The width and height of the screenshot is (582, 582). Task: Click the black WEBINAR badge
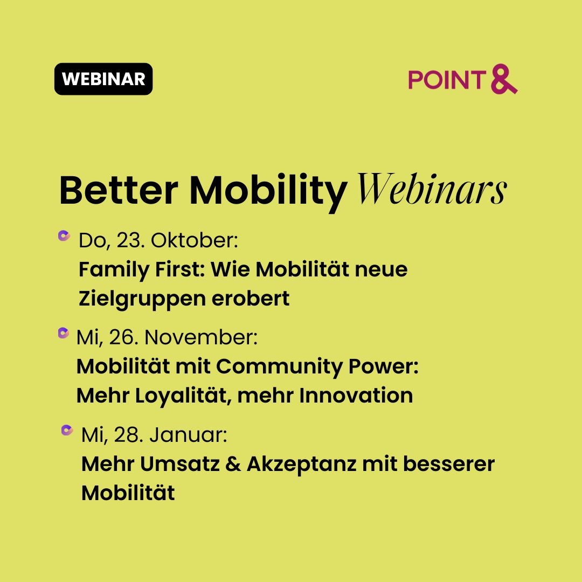[x=103, y=79]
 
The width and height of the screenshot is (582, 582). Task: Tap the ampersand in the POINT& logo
[x=504, y=79]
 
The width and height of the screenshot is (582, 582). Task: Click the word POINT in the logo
[x=447, y=80]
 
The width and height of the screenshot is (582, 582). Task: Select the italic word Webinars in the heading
[x=432, y=189]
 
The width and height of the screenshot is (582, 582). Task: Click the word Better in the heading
[x=119, y=190]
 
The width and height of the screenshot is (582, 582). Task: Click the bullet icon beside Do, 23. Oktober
[x=64, y=235]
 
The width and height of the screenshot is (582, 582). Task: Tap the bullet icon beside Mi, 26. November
[x=64, y=333]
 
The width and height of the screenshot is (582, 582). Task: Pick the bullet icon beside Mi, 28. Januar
[x=67, y=430]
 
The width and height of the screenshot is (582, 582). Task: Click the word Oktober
[x=194, y=240]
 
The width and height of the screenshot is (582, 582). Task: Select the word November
[x=201, y=338]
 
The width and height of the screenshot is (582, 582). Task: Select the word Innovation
[x=356, y=396]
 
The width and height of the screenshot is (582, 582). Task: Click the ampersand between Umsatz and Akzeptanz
[x=233, y=464]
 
